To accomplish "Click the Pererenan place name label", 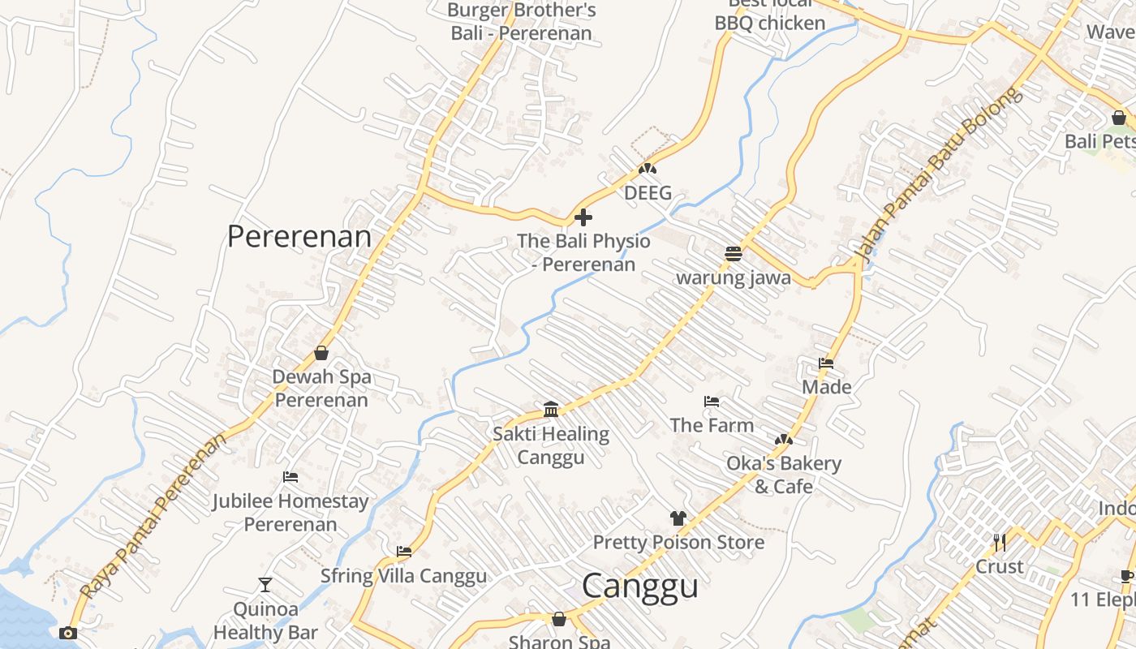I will coord(299,237).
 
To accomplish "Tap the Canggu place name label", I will coord(639,586).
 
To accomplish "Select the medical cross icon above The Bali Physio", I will coord(583,217).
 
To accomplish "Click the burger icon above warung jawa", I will coord(734,254).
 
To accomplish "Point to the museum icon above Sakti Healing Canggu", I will coord(551,410).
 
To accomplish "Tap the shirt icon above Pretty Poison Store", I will coord(678,518).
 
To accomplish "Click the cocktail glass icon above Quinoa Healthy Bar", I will coord(265,585).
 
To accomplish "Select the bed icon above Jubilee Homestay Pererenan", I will coord(290,477).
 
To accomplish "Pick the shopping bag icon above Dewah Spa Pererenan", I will coord(321,353).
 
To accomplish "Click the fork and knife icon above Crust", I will coord(999,542).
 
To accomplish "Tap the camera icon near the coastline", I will coord(68,633).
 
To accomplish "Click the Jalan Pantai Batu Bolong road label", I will coord(938,178).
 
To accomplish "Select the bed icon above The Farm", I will coord(712,402).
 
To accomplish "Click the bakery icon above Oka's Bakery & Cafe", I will coord(783,440).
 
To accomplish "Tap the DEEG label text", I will coord(648,193).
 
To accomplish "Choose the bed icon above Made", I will coord(826,363).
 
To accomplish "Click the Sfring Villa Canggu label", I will coord(403,576).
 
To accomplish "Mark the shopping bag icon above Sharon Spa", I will coord(559,620).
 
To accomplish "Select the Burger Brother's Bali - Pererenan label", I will coord(522,22).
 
